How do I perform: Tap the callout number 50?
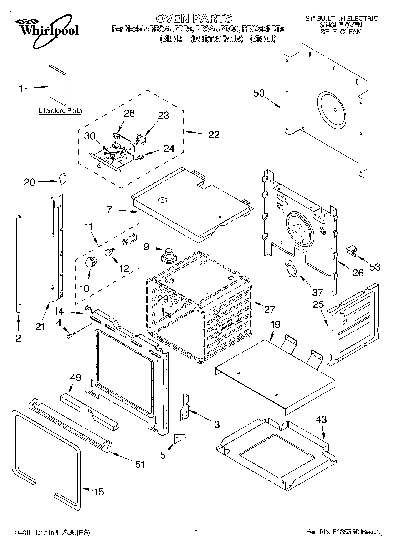259,93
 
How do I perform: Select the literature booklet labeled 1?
57,85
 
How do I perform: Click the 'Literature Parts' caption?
60,111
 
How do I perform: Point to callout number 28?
129,113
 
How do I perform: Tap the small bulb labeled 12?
109,252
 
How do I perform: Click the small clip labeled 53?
351,251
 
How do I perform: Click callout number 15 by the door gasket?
99,492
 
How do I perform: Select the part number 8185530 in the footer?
347,532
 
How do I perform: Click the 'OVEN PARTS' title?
194,18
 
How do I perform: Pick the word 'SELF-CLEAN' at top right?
341,32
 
